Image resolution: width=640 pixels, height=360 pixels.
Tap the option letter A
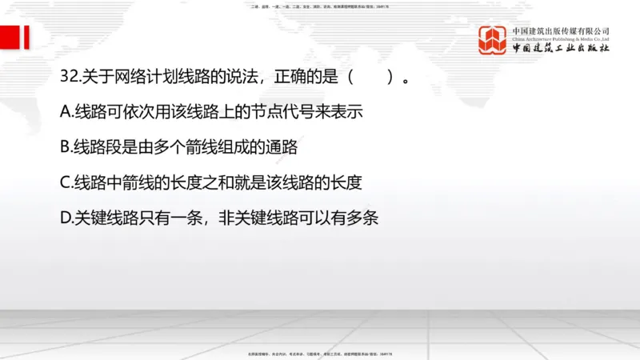[x=66, y=112]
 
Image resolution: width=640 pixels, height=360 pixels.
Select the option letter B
[x=66, y=147]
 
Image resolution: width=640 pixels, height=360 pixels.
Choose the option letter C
[x=66, y=182]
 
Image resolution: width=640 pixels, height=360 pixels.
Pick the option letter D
[x=66, y=217]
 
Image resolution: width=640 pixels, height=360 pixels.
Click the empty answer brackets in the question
[x=370, y=78]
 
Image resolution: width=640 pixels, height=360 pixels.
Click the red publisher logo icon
[x=494, y=40]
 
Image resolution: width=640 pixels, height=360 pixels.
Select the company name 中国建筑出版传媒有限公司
[x=562, y=30]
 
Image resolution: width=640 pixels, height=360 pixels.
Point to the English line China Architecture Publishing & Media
[x=562, y=38]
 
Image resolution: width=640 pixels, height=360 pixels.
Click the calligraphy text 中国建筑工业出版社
[x=562, y=48]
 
